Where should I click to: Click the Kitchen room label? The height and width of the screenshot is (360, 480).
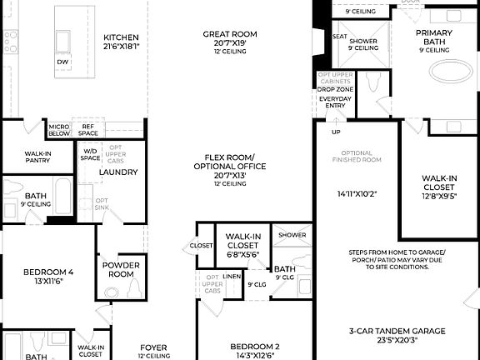click(x=121, y=37)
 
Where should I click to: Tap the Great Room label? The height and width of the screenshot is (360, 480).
click(x=229, y=34)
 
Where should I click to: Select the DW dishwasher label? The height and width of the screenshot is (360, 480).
click(x=62, y=62)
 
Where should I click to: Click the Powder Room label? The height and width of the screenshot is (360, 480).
click(x=121, y=270)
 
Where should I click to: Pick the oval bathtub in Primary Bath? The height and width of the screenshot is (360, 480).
click(x=453, y=69)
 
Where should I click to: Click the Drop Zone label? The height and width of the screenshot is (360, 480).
click(x=335, y=89)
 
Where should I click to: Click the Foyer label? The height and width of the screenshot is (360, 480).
click(x=152, y=347)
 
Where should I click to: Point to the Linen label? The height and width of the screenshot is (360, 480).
click(x=232, y=276)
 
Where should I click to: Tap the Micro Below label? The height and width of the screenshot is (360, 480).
click(x=59, y=129)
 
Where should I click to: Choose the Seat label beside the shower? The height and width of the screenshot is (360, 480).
click(x=339, y=37)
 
